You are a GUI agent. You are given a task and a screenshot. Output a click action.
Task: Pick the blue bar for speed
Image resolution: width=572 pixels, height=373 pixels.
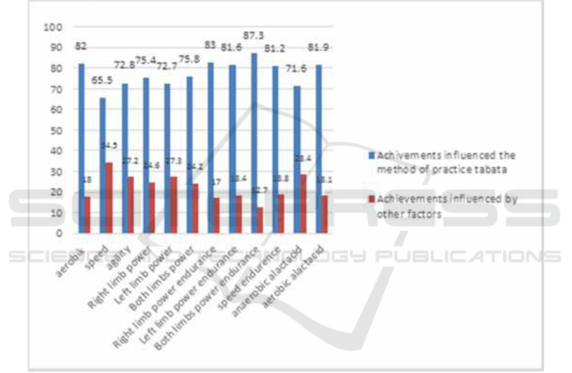coord(103,165)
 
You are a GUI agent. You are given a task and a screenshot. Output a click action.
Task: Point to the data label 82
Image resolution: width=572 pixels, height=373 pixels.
coord(81,46)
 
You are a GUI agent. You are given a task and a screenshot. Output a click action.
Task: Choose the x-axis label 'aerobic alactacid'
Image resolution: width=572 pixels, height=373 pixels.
coord(302,267)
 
